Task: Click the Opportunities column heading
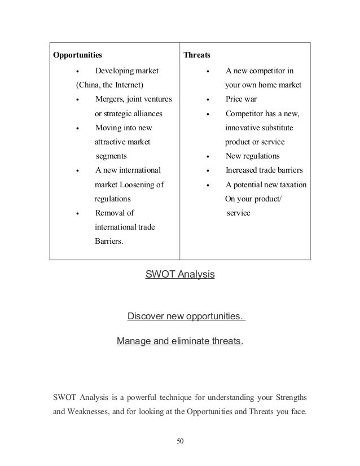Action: coord(77,56)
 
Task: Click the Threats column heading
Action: coord(196,56)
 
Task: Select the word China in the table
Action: coord(89,86)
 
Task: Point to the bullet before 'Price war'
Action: coord(209,100)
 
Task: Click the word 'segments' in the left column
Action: coord(111,156)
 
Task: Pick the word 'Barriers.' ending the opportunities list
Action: coord(110,241)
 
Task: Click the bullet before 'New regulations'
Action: coord(209,156)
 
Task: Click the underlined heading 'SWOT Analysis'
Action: coord(180,275)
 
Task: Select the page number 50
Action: coord(180,440)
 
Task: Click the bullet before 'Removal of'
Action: coord(77,213)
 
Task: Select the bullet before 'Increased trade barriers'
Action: coord(209,170)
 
